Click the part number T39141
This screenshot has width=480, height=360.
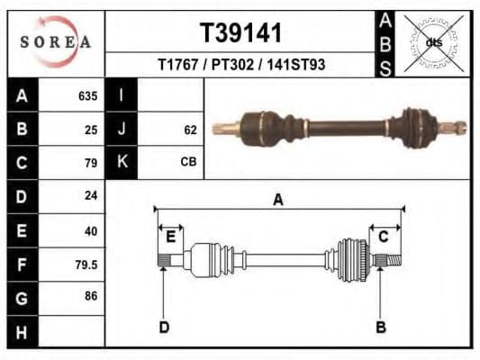240,33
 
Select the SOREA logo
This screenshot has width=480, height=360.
57,41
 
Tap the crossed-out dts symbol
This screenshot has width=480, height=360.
433,42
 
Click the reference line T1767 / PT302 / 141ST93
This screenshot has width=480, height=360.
241,65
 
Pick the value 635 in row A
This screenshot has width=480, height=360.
87,96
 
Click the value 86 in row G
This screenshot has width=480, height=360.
90,296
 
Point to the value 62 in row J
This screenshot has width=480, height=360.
190,130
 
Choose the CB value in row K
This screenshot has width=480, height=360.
188,163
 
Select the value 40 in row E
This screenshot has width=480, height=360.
90,230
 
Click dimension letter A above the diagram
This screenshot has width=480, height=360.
278,200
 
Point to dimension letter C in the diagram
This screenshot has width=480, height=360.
383,236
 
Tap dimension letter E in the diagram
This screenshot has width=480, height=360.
170,237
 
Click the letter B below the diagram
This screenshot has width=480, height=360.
380,328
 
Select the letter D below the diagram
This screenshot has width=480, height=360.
164,328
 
